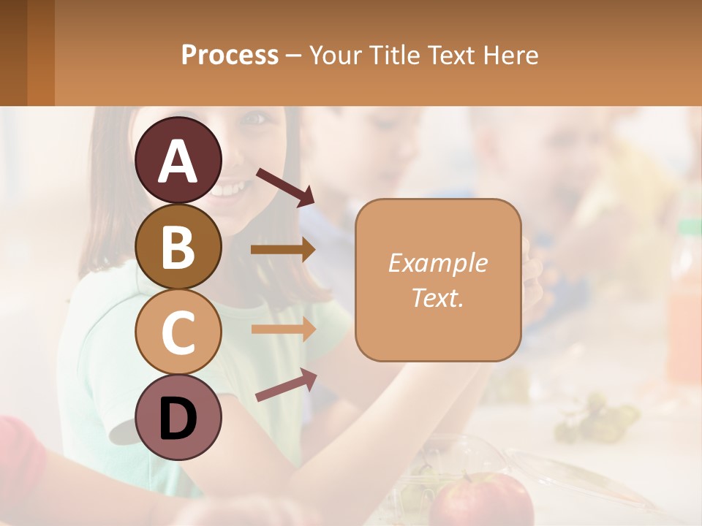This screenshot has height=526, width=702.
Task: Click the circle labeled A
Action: pyautogui.click(x=178, y=160)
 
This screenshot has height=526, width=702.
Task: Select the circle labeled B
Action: pyautogui.click(x=178, y=246)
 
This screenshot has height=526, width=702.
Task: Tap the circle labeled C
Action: pyautogui.click(x=178, y=332)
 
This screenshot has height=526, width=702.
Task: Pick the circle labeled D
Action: pyautogui.click(x=178, y=417)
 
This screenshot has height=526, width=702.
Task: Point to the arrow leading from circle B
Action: pyautogui.click(x=283, y=250)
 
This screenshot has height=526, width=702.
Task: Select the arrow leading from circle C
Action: pyautogui.click(x=283, y=329)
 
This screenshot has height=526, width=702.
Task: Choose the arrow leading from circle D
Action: pyautogui.click(x=286, y=384)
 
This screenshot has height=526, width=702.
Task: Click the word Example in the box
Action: pyautogui.click(x=437, y=263)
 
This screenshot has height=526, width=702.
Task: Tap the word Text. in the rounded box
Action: pyautogui.click(x=437, y=297)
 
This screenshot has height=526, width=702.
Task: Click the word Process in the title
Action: pyautogui.click(x=230, y=55)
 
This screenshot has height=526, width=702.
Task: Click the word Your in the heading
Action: pyautogui.click(x=334, y=55)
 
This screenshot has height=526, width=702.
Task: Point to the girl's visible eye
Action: pyautogui.click(x=252, y=117)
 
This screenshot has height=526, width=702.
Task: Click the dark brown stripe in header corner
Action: pyautogui.click(x=13, y=53)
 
